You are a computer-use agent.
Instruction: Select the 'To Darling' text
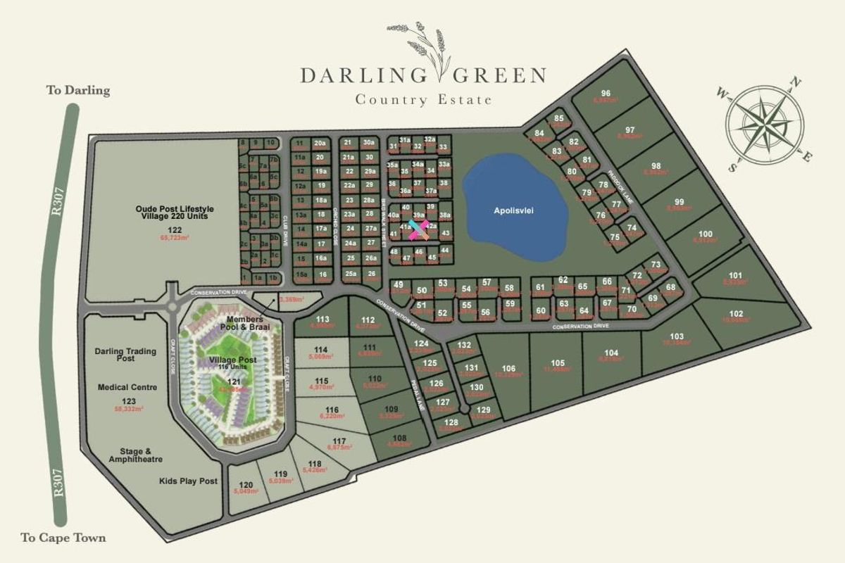coord(78,90)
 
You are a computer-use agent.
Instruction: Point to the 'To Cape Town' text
coord(63,538)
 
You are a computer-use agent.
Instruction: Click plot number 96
coord(605,94)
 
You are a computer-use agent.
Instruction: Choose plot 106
coord(510,369)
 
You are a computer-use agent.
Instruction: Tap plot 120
coord(245,485)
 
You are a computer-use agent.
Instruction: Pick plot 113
coord(323,320)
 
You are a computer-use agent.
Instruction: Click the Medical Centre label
coord(127,387)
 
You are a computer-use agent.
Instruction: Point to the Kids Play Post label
coord(188,481)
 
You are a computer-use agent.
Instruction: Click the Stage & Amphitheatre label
coord(136,455)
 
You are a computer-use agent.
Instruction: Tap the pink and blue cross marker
coord(418,227)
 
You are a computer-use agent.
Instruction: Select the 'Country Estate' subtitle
coord(423,100)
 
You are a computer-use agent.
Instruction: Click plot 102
coord(737,314)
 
